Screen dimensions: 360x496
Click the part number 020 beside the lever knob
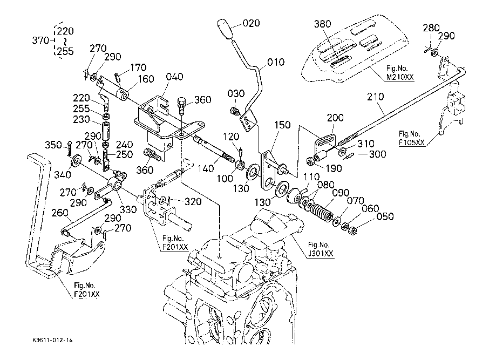tap(251, 23)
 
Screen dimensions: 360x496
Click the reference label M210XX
tap(400, 77)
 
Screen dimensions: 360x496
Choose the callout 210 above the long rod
tap(376, 97)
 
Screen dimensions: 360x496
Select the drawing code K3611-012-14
tap(52, 341)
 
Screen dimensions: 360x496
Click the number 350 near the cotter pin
tap(53, 145)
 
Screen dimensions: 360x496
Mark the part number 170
tap(139, 69)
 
